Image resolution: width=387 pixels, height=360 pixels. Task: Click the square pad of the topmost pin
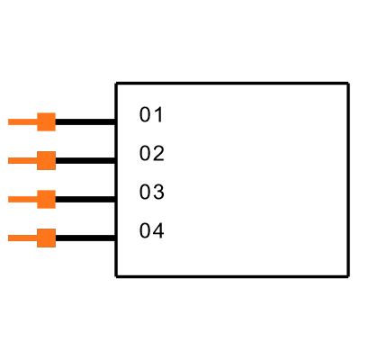point(46,121)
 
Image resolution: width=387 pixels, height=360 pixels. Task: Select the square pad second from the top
point(46,160)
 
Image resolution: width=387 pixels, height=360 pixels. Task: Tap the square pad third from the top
point(46,199)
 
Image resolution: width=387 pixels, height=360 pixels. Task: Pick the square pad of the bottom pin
point(46,238)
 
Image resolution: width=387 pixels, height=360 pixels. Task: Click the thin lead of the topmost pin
point(22,121)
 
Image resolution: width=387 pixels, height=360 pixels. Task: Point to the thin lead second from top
point(22,160)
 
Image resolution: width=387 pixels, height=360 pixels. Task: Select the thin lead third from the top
point(22,199)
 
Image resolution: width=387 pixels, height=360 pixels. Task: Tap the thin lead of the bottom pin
point(22,238)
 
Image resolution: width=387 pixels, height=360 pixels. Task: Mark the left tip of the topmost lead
point(9,121)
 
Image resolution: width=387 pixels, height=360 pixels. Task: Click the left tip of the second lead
point(9,160)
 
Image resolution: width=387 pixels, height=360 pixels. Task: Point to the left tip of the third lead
point(9,199)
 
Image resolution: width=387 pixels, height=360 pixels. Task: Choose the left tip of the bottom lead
point(9,238)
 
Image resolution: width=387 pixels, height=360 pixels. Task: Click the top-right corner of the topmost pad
point(55,113)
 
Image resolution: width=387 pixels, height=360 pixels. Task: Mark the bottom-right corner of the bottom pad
point(55,247)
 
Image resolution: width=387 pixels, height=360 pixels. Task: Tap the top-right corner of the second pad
point(55,152)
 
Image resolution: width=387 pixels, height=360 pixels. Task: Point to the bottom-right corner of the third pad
point(55,208)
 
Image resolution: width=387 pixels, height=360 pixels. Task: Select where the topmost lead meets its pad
point(37,121)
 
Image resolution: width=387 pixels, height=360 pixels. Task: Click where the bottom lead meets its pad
point(37,238)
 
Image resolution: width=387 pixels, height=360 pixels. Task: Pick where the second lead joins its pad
point(37,160)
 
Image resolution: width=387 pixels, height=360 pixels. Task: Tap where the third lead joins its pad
point(37,199)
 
